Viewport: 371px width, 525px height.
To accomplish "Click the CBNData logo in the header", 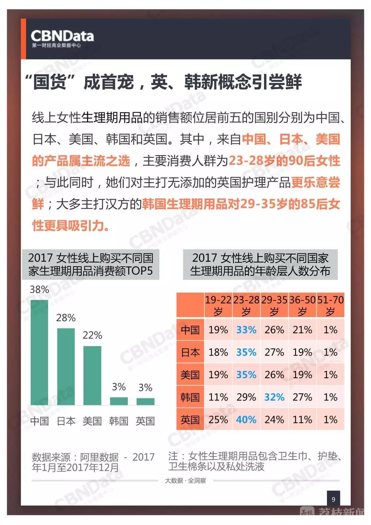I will [x=62, y=39].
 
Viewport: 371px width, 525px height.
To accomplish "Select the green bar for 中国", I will [x=40, y=352].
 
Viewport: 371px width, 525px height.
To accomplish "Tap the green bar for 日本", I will [x=66, y=367].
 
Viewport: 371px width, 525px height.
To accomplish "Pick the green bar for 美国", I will [x=92, y=375].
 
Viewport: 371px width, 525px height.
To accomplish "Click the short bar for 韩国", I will [x=119, y=401].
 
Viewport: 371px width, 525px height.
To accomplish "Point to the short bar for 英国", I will [x=145, y=402].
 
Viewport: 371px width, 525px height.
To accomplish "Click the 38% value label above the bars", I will [x=39, y=289].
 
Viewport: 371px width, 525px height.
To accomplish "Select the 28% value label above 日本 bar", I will [x=66, y=318].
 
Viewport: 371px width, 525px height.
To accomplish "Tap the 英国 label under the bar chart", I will [x=145, y=421].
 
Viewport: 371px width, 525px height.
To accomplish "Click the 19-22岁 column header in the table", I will [x=218, y=305].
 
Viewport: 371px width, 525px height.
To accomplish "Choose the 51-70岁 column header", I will [x=330, y=305].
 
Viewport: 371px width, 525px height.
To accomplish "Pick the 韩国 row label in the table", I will [x=190, y=397].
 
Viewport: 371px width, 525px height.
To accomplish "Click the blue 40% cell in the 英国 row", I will [x=246, y=420].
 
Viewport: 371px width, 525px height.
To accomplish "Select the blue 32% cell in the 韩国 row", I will [x=274, y=397].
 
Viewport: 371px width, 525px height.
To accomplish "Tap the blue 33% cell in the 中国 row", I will [x=246, y=330].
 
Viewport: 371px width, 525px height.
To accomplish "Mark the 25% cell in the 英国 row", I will [x=218, y=420].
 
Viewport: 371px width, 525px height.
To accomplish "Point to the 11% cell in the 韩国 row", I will [x=218, y=397].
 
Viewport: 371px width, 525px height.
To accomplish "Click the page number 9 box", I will [x=333, y=499].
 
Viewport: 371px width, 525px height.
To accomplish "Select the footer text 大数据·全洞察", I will [x=185, y=481].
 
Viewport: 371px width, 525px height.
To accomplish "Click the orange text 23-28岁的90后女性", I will [x=284, y=161].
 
